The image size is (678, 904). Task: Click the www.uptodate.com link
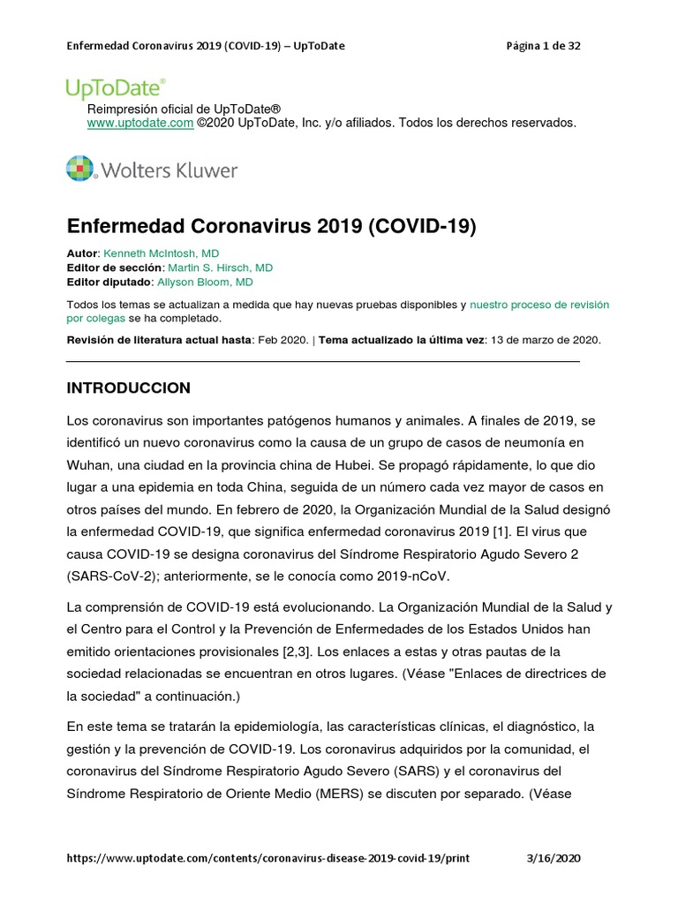[139, 123]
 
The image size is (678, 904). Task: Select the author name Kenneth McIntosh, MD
[162, 253]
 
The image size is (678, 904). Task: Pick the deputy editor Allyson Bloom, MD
[205, 282]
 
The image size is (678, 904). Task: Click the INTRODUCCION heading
[128, 388]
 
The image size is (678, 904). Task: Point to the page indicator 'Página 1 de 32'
[543, 46]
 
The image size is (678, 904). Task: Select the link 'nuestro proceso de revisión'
[539, 305]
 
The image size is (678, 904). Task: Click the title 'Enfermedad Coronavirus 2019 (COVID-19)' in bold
[271, 226]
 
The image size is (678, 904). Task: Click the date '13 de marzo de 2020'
[545, 340]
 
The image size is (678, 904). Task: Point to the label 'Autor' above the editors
[83, 253]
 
